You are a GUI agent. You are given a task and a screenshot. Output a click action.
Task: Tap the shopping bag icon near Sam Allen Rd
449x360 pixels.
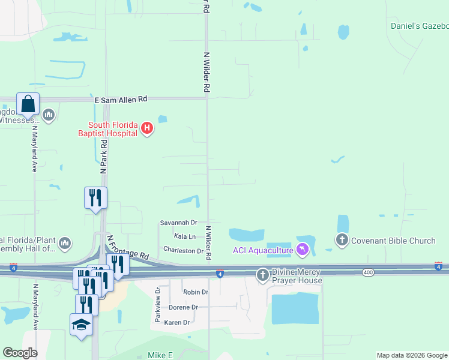pos(28,104)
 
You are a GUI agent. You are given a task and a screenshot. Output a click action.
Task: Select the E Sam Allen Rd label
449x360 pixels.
pos(121,100)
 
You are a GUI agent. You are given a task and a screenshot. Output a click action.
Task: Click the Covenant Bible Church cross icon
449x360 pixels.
pos(342,241)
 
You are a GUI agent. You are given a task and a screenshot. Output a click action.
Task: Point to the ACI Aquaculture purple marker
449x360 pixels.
pos(303,249)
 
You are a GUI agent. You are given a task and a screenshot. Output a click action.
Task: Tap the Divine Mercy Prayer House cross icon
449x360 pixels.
pos(262,275)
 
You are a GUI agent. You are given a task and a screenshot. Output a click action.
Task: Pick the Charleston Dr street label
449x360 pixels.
pos(183,250)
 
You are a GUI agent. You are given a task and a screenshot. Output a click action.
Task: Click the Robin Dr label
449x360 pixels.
pos(196,292)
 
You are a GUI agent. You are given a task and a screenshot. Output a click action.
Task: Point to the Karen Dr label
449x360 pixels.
pos(176,322)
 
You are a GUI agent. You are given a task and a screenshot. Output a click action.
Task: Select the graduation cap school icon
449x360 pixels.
pos(81,325)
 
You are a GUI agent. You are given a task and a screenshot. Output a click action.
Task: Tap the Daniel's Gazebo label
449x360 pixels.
pos(420,26)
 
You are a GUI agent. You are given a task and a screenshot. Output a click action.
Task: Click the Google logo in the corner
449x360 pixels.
pos(20,353)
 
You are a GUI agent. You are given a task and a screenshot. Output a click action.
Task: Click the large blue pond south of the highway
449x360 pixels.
pos(295,309)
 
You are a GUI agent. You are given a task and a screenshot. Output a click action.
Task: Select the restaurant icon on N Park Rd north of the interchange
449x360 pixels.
pos(95,198)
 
